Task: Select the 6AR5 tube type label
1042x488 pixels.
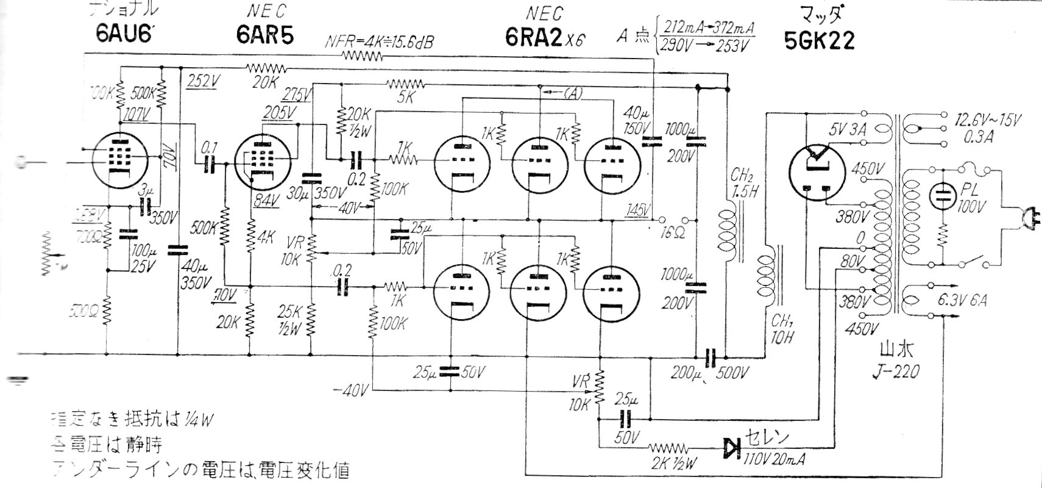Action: [264, 35]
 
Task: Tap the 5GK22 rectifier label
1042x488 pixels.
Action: [820, 40]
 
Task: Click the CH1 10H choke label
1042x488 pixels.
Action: [781, 329]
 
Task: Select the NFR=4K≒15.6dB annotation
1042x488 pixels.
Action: [378, 41]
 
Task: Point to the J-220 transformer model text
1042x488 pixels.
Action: [898, 370]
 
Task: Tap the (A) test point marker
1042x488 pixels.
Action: [572, 93]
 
